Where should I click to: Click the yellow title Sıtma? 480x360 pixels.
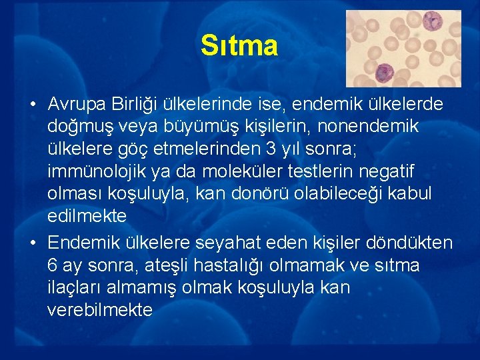pos(239,46)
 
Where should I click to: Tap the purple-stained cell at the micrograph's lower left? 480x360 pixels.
pos(385,72)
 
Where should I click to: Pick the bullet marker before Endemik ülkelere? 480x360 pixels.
pos(32,242)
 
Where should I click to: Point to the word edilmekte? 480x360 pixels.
pos(87,216)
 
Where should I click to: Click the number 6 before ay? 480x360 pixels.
pos(53,265)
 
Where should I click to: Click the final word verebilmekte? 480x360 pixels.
pos(100,310)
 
